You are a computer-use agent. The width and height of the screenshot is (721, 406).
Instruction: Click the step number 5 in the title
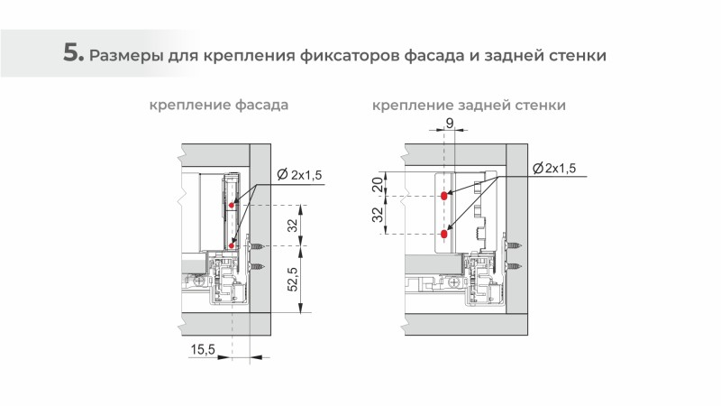point(72,52)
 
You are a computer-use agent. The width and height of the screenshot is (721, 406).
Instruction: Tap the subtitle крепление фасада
point(219,106)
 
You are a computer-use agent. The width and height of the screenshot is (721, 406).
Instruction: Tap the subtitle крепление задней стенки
point(469,106)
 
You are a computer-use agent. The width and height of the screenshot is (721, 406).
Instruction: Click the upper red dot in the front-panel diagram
point(233,206)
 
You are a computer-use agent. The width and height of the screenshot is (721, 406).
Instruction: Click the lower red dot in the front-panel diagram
point(233,245)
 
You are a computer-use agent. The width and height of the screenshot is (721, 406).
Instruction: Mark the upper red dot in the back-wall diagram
point(443,195)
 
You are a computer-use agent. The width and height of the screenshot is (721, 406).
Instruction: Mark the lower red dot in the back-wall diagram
point(443,234)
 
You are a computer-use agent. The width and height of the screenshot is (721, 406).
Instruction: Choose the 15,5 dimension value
point(204,349)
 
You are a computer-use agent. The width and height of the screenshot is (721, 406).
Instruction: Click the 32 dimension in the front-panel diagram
point(290,226)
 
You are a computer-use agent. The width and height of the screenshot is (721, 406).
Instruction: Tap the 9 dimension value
point(448,123)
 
